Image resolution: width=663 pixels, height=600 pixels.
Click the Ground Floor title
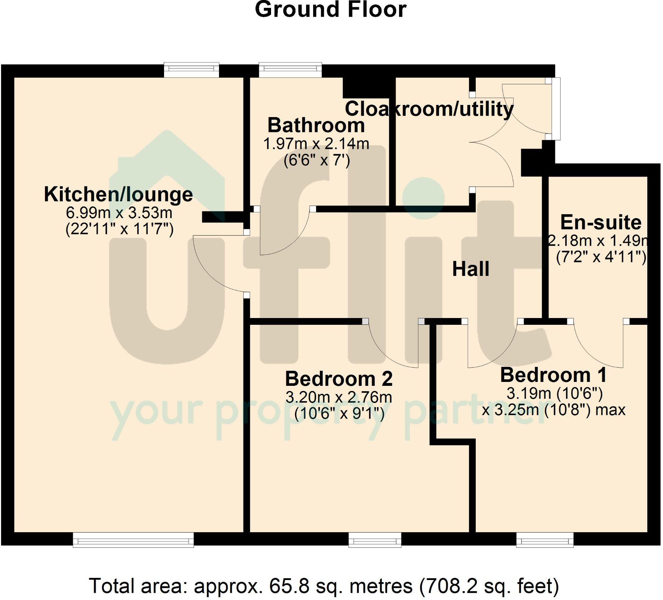point(331,10)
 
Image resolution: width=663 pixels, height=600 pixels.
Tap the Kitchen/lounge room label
point(118,195)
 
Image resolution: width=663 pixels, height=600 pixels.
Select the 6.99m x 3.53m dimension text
point(119,213)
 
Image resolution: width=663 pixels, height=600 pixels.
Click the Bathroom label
point(316,125)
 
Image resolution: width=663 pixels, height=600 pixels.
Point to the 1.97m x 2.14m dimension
point(316,144)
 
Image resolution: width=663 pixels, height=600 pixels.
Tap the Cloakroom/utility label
point(429,109)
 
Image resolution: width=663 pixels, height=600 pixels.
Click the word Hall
point(470,269)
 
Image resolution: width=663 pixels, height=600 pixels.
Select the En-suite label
point(601,222)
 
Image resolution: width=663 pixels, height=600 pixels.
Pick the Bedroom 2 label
point(339,379)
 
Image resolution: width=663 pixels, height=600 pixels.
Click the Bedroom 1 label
point(553,375)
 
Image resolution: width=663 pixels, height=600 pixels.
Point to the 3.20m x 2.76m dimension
point(339,397)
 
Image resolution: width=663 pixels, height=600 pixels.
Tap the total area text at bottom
point(323,586)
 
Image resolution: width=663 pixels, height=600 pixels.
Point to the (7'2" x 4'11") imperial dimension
point(601,257)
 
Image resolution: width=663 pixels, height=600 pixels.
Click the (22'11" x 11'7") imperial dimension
point(119,229)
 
